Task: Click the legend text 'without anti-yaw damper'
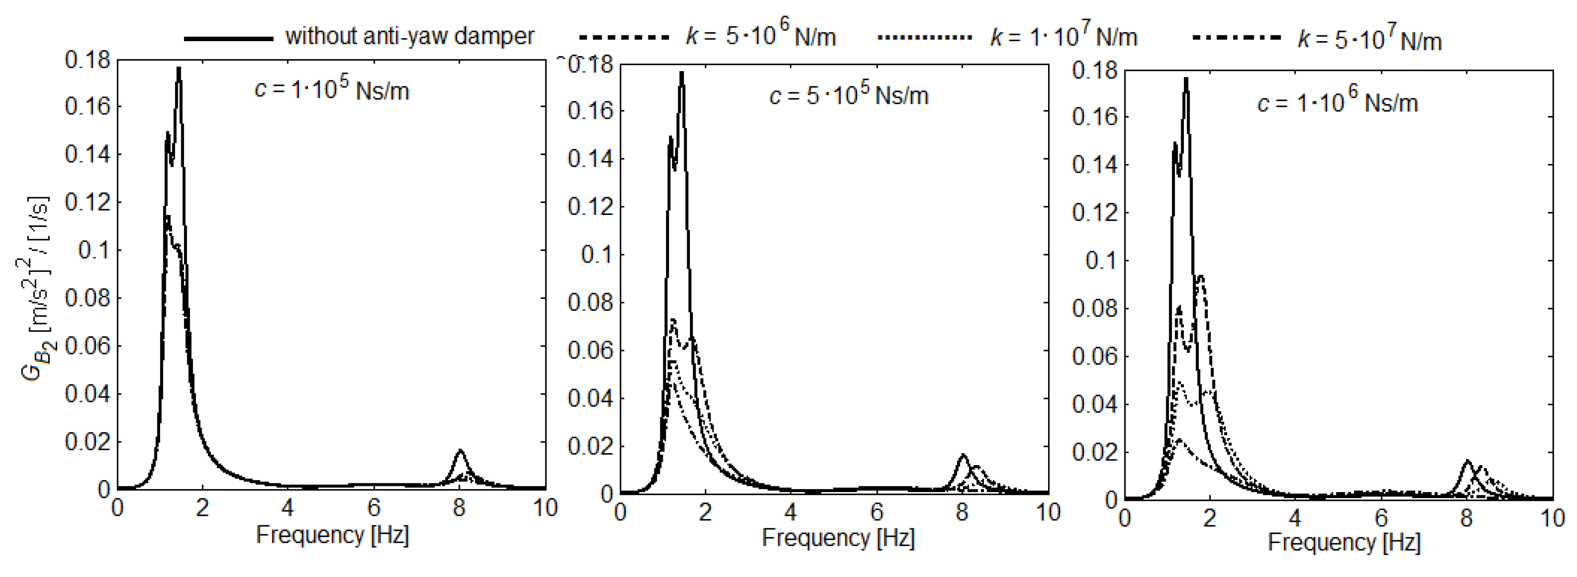pos(409,37)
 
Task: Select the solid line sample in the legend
pos(228,38)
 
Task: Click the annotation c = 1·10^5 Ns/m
pos(331,90)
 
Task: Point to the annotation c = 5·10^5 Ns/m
pos(849,95)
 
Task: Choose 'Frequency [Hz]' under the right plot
pos(1344,542)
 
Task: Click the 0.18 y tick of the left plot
pos(88,60)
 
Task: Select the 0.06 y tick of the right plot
pos(1095,356)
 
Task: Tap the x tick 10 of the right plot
pos(1552,518)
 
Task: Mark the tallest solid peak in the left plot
pos(179,69)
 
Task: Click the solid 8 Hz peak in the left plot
pos(460,451)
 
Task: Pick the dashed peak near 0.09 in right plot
pos(1200,277)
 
